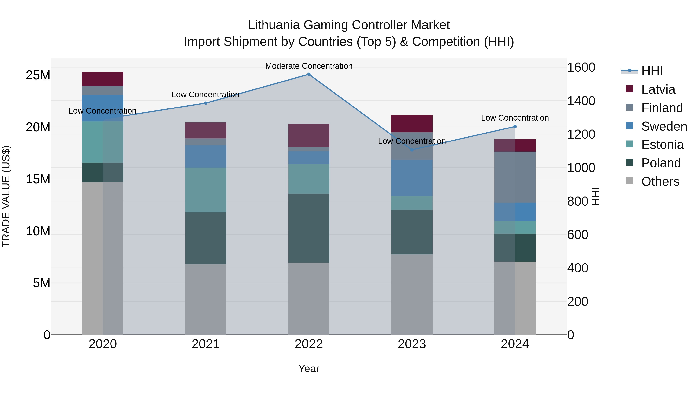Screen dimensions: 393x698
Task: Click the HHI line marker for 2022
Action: pos(309,74)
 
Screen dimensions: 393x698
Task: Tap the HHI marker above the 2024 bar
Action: pos(515,127)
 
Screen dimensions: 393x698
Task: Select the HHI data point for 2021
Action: pos(206,103)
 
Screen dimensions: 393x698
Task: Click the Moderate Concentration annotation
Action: pos(309,66)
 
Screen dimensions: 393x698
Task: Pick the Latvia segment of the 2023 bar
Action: pos(412,124)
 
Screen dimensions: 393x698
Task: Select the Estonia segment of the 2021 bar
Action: pos(206,190)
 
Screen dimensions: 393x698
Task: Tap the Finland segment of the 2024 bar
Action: pos(515,177)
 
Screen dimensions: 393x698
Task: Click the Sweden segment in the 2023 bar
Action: pos(412,178)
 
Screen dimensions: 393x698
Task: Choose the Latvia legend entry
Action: pos(658,89)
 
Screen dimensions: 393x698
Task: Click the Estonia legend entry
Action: pos(662,145)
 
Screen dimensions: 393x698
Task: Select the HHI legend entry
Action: pos(652,71)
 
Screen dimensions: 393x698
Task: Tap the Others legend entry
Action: pos(660,181)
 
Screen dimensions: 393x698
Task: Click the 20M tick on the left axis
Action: pos(38,127)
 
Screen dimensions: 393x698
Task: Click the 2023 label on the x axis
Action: pos(412,344)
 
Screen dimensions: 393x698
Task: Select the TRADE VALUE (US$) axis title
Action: pos(6,196)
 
